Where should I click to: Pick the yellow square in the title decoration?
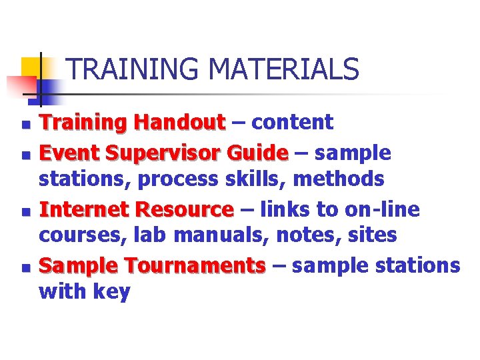(31, 67)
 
